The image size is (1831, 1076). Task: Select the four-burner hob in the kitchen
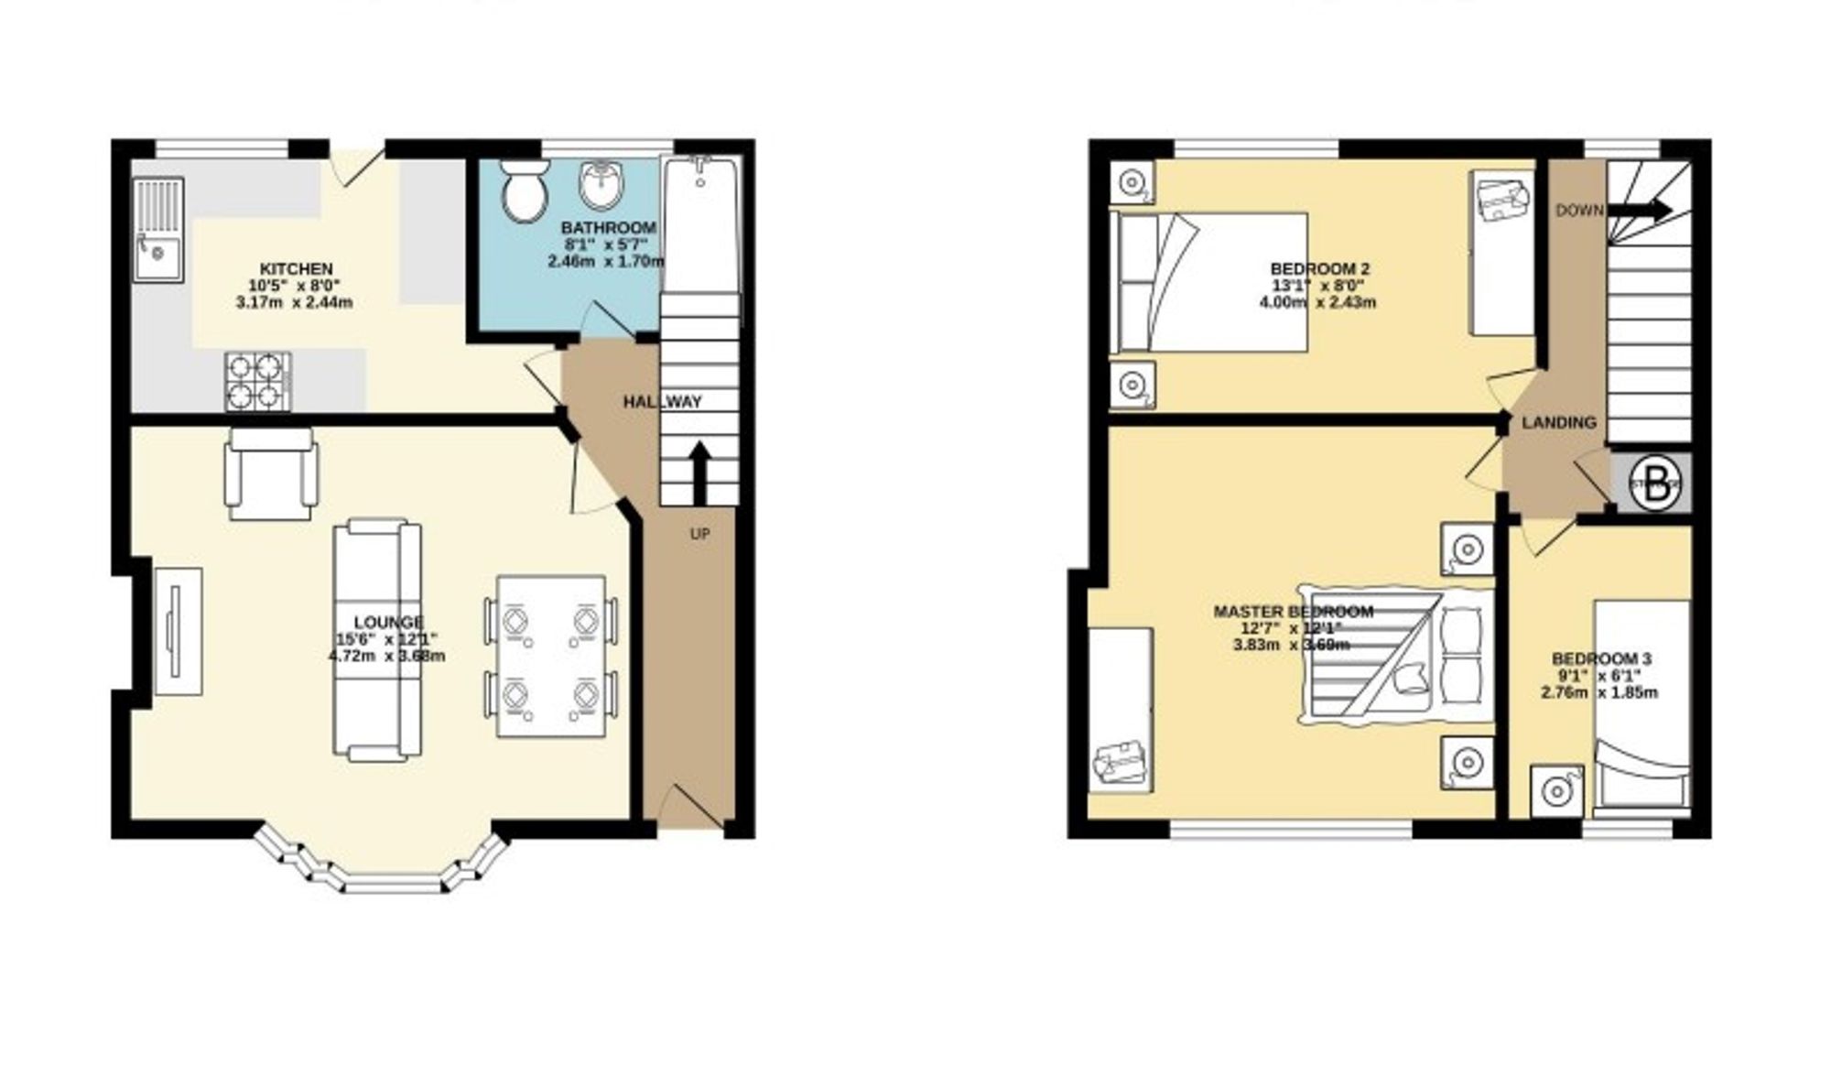coord(257,381)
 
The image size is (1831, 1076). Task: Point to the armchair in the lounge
coord(272,473)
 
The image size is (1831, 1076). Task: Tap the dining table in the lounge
coord(550,656)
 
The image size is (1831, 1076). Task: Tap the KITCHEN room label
coord(296,269)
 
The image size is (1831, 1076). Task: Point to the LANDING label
coord(1559,423)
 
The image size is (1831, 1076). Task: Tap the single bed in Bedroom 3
coord(1641,705)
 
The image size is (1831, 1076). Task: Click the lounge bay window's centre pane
coord(394,885)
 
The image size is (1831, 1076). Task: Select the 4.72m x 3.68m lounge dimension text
coord(387,656)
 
